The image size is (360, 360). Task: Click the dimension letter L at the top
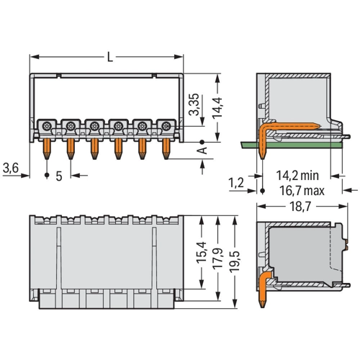point(110,58)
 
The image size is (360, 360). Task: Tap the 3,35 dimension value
point(194,104)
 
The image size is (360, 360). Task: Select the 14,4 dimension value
point(217,108)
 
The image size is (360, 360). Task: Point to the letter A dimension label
point(203,150)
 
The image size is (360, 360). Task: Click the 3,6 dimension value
point(11,168)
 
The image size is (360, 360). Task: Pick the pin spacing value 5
point(59,176)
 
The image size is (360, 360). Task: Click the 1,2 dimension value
point(236,183)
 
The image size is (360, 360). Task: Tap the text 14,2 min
point(297,176)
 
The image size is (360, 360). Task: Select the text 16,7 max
point(302,191)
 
